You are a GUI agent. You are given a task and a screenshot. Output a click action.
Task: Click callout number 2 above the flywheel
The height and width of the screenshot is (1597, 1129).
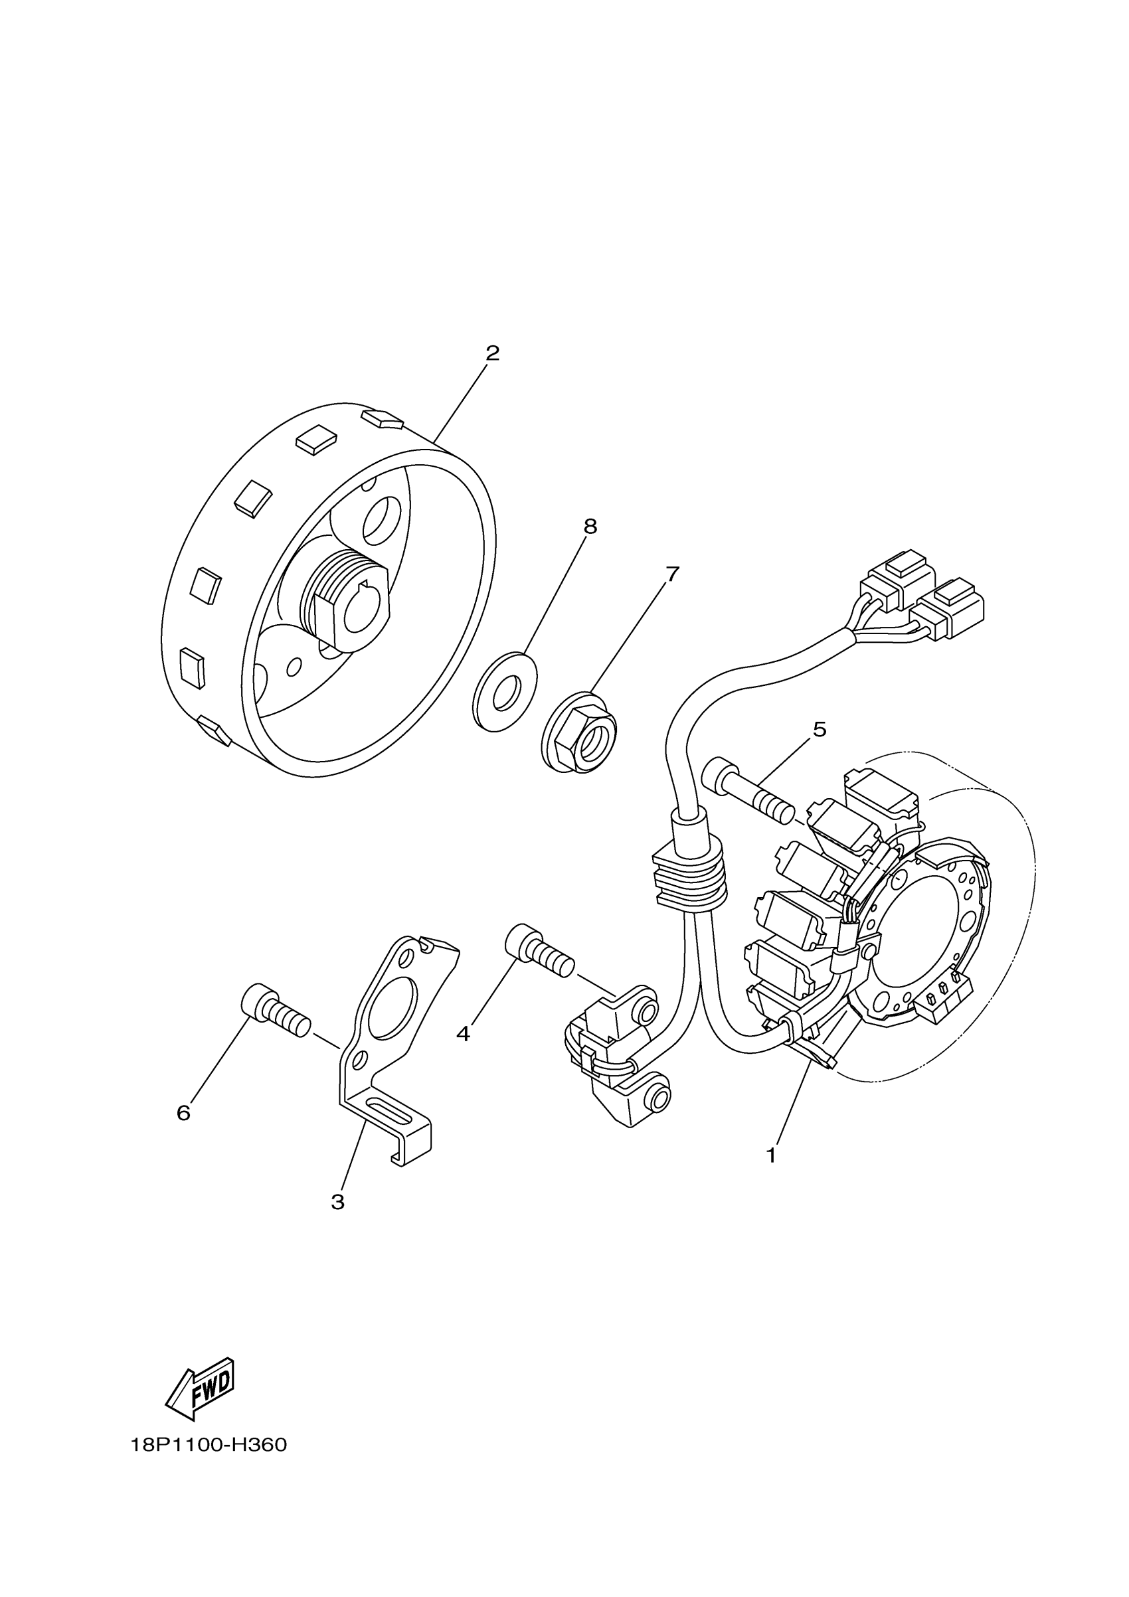click(493, 353)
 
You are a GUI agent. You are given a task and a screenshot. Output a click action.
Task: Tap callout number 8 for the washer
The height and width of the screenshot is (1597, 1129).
click(590, 527)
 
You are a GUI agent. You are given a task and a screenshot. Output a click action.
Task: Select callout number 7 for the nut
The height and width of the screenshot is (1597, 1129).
click(672, 574)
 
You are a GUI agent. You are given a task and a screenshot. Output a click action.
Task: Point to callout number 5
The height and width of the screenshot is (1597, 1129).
click(820, 730)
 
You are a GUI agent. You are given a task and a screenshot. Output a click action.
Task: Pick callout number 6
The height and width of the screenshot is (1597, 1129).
click(183, 1114)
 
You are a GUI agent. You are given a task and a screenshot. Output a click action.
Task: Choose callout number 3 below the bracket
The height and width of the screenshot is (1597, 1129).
click(338, 1202)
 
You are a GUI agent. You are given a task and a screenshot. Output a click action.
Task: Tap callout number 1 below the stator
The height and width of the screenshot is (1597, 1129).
click(771, 1155)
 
